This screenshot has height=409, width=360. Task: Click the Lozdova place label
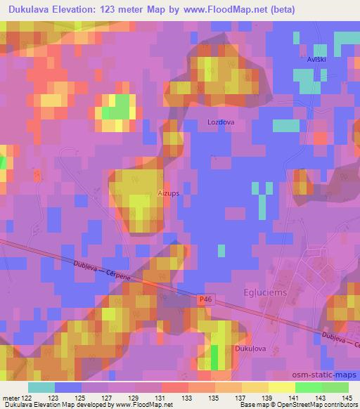(221, 122)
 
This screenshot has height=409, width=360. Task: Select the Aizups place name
(169, 190)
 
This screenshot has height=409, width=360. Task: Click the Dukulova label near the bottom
(250, 348)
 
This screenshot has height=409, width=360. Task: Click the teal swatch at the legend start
(41, 387)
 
